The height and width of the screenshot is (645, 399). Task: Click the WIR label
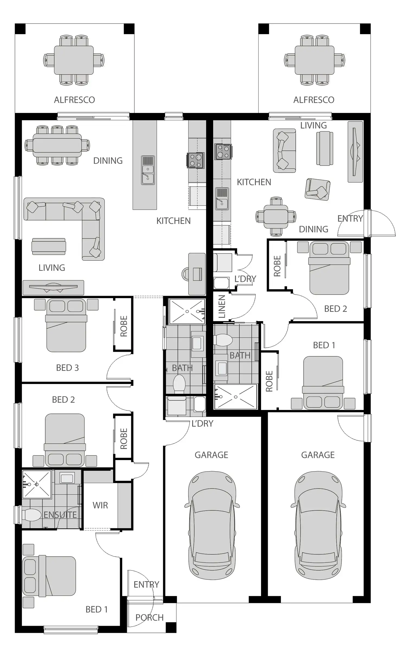(100, 505)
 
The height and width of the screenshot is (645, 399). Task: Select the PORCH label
(149, 617)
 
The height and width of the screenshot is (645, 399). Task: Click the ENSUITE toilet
(31, 515)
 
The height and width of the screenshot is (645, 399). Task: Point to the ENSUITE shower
(37, 484)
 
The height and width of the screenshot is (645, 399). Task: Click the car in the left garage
(212, 526)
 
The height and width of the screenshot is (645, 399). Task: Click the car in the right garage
(318, 526)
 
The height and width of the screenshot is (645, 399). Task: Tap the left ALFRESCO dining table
(74, 60)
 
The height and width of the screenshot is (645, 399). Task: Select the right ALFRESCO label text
(314, 100)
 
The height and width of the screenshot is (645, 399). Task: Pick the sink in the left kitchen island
(148, 170)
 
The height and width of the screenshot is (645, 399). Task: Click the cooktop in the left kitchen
(195, 160)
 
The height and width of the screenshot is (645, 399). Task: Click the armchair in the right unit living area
(317, 189)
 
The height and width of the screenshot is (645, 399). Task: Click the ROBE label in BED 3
(124, 326)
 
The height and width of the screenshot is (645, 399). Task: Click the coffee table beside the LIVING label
(49, 246)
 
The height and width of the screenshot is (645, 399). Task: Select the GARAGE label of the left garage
(211, 455)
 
